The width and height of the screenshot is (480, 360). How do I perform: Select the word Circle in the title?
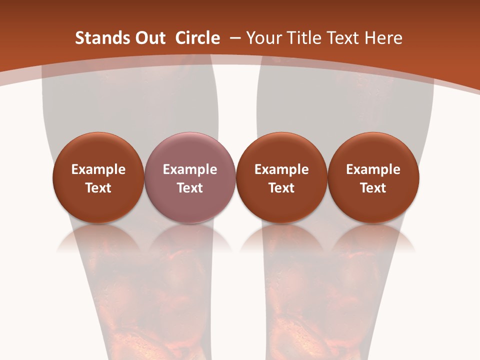coord(197,38)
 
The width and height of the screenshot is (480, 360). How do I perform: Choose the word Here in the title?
coord(383,38)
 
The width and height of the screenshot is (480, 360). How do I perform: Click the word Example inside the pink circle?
coord(190,169)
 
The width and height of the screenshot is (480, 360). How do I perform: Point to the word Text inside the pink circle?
coord(190,188)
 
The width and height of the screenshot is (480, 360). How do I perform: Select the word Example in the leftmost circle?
coord(98,169)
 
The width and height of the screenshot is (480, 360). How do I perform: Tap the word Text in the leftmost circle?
coord(98,188)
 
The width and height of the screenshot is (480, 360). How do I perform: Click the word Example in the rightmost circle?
coord(373,169)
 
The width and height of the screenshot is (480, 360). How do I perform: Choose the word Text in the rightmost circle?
coord(373,188)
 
